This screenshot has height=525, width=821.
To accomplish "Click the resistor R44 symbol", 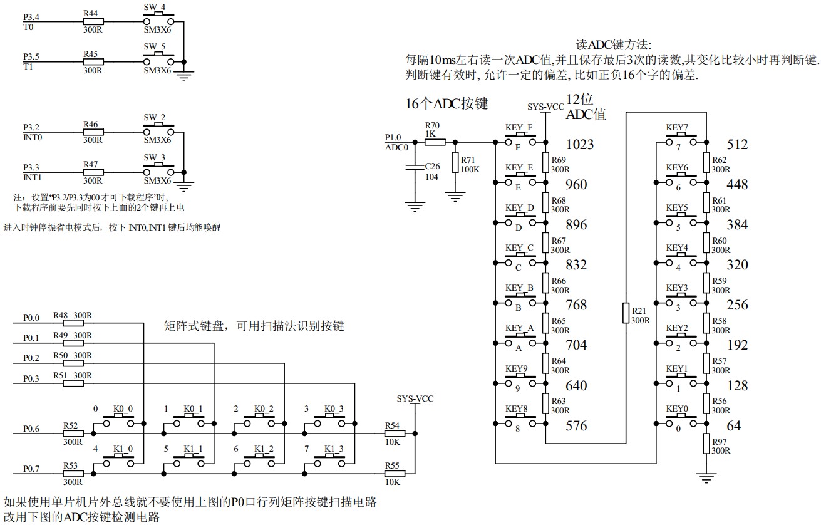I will point(93,21).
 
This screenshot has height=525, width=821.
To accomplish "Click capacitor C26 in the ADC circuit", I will point(413,167).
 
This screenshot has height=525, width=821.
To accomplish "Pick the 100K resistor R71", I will point(455,159).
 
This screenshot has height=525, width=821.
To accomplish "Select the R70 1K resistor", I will point(435,142).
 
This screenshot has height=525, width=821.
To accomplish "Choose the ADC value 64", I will point(734,426).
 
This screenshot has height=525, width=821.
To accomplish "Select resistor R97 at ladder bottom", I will point(706,446).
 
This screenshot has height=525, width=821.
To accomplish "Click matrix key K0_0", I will point(119,424).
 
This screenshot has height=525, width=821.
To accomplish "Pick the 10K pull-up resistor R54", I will point(393,432).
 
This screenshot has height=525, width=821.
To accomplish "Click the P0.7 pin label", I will point(31,469).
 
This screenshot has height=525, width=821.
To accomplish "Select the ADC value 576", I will point(576,426).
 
